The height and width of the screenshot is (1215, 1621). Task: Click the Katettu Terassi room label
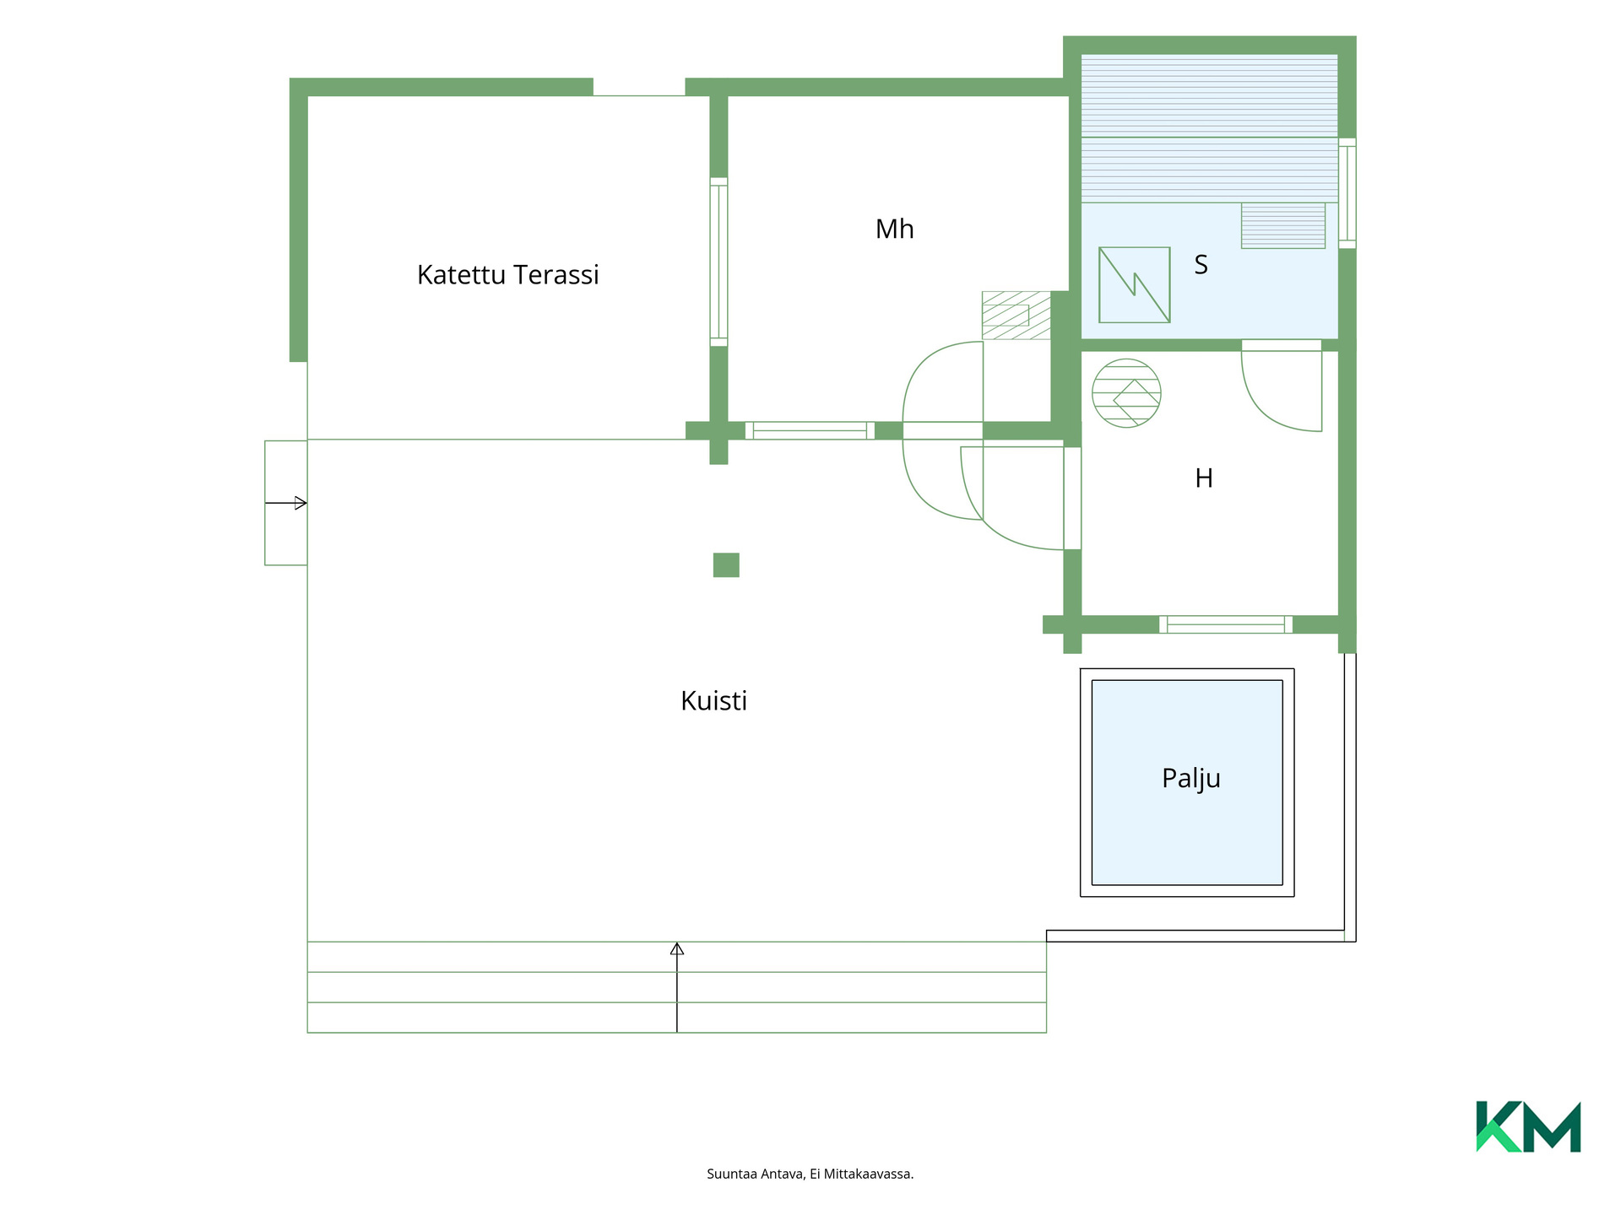(507, 275)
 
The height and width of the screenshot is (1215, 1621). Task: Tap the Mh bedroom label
(894, 229)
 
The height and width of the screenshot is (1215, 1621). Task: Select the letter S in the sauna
(1201, 265)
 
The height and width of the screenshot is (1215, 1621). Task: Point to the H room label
(1204, 478)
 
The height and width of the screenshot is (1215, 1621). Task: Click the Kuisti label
(713, 700)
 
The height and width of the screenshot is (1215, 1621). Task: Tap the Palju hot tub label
(1190, 778)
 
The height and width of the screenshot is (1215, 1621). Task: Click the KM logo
(1528, 1126)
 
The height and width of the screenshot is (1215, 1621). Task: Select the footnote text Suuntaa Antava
(756, 1174)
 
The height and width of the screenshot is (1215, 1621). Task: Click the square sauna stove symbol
(1134, 284)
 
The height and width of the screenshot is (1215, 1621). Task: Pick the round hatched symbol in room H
(1126, 393)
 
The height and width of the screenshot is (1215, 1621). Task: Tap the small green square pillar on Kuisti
(726, 564)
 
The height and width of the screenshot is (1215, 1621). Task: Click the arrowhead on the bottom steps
(676, 948)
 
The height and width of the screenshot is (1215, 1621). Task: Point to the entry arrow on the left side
(285, 503)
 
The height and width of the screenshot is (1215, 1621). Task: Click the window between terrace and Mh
(718, 262)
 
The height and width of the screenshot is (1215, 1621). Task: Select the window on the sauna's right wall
(1347, 193)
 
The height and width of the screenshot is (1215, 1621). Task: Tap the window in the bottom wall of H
(1225, 624)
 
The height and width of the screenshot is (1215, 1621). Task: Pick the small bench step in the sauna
(1282, 225)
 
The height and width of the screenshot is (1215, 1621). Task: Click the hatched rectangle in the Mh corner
(1017, 315)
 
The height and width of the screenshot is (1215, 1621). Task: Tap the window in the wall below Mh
(810, 430)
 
